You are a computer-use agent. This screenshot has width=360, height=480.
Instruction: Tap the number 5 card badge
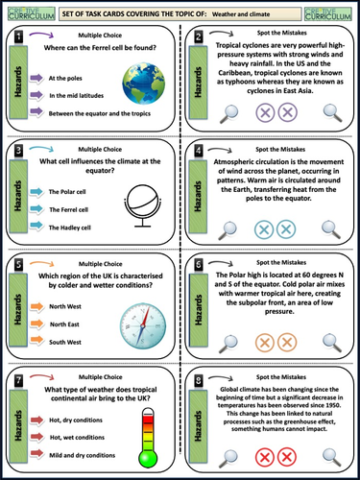[x=18, y=262]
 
